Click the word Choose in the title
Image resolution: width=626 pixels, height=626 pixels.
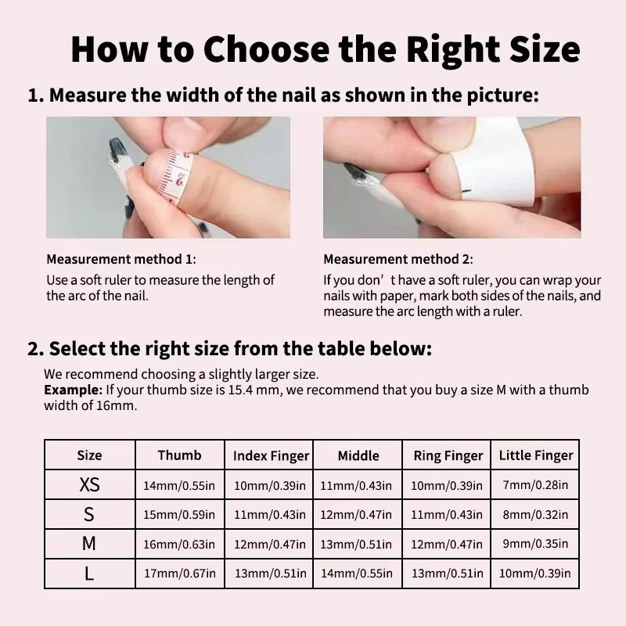pyautogui.click(x=266, y=49)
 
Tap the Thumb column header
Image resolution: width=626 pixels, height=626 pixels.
pyautogui.click(x=179, y=455)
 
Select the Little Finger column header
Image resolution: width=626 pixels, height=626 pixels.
pyautogui.click(x=536, y=455)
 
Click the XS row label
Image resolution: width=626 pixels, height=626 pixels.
pyautogui.click(x=89, y=484)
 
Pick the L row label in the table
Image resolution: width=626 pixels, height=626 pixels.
pyautogui.click(x=88, y=574)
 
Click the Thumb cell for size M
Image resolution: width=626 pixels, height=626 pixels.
pyautogui.click(x=179, y=544)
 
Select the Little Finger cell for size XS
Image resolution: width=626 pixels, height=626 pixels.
pyautogui.click(x=535, y=484)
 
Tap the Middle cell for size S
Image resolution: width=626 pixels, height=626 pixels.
pyautogui.click(x=356, y=515)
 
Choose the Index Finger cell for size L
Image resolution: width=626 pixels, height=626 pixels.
pyautogui.click(x=270, y=574)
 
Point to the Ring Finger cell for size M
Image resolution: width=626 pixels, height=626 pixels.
pyautogui.click(x=447, y=544)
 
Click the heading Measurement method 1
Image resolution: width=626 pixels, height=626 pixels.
pyautogui.click(x=121, y=259)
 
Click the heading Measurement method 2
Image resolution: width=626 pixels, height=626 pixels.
pyautogui.click(x=398, y=259)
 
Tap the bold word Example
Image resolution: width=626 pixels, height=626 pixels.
pyautogui.click(x=73, y=390)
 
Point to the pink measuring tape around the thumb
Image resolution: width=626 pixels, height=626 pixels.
pyautogui.click(x=174, y=175)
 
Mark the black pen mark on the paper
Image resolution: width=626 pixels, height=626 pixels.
pyautogui.click(x=466, y=192)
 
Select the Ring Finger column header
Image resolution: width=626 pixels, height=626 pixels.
pyautogui.click(x=448, y=455)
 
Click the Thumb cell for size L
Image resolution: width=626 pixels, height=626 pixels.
pyautogui.click(x=180, y=574)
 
